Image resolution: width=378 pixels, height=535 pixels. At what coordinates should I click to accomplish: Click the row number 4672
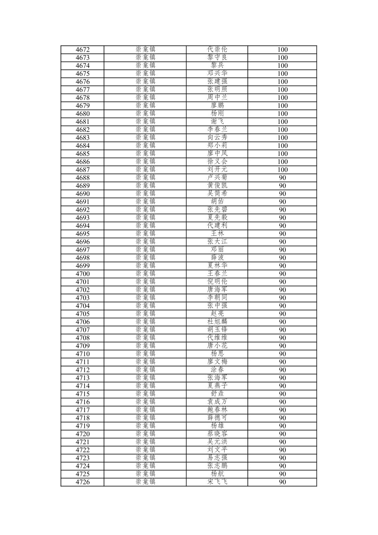coord(83,50)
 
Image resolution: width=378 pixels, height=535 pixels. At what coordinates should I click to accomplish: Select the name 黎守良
coord(217,57)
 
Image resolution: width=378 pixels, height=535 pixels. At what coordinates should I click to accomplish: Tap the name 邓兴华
coord(217,74)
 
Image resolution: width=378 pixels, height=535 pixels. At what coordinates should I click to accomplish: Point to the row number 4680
coord(83,114)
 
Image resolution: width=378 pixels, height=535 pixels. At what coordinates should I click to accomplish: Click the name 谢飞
coord(217,121)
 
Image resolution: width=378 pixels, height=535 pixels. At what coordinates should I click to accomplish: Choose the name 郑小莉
coord(217,146)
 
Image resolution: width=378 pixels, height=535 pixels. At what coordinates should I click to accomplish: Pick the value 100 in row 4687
coord(282,170)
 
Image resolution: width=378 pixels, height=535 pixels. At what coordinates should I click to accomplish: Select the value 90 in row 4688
coord(282,178)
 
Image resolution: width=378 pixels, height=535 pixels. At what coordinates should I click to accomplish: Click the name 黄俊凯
coord(217,185)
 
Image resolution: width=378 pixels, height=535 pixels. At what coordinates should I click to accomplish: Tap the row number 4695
coord(83,234)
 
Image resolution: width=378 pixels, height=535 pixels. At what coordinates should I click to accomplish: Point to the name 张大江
coord(217,242)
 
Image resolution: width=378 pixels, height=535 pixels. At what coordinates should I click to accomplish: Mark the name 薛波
coord(217,258)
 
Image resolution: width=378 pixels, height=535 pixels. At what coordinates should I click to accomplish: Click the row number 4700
coord(83,274)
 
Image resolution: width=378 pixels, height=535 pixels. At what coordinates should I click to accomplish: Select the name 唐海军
coord(217,290)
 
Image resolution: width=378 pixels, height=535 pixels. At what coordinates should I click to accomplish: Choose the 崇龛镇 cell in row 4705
coord(145,314)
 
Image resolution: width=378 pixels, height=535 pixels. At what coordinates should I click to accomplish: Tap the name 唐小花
coord(217,346)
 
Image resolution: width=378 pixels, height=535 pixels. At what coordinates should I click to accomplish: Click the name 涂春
coord(217,370)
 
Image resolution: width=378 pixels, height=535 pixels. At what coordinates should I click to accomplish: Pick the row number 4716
coord(83,402)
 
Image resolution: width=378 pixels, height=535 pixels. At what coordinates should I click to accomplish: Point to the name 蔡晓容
coord(217,434)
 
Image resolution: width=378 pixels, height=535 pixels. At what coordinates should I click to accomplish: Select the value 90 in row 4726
coord(282,482)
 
